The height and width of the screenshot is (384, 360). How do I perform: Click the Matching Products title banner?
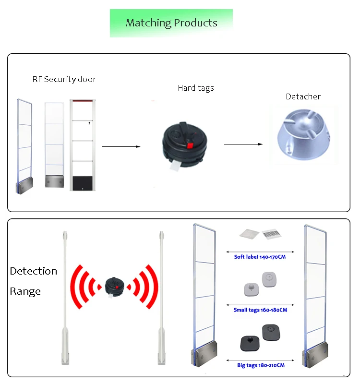point(171,23)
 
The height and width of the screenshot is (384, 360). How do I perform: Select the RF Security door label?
point(64,79)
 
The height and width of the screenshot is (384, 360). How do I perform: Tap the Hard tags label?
point(196,88)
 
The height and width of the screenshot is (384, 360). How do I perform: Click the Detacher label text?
point(303,96)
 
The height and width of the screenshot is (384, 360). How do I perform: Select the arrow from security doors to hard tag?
point(121,146)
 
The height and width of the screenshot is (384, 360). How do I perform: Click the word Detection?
point(34,271)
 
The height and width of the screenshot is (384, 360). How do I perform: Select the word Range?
point(25,291)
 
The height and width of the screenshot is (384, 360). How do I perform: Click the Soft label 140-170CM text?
point(260,257)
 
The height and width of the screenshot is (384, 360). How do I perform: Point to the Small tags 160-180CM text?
point(260,310)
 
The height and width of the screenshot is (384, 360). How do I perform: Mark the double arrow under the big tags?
point(260,360)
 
